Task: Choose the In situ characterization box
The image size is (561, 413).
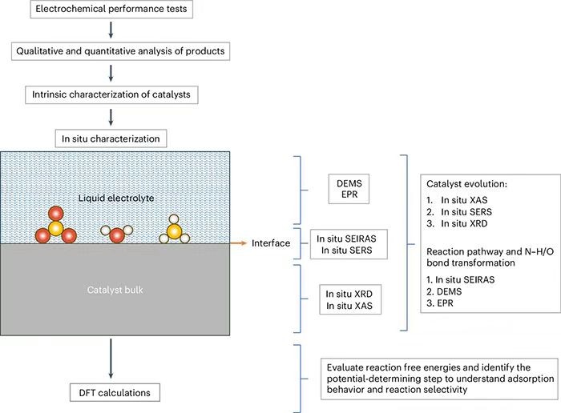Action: tap(112, 138)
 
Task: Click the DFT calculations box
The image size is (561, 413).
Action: tap(112, 393)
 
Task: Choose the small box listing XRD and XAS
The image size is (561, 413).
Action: tap(349, 299)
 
